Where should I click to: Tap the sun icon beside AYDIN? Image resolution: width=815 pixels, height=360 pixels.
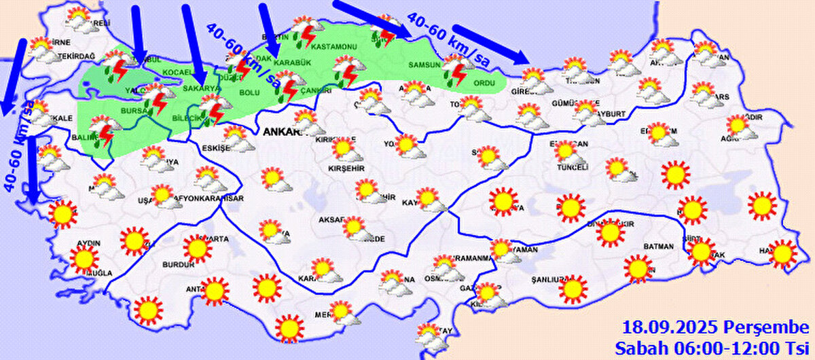tap(84, 259)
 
